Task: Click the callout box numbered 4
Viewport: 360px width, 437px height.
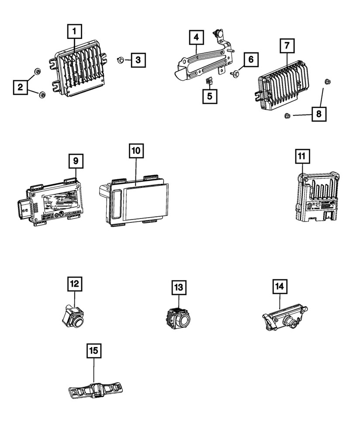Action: pos(196,38)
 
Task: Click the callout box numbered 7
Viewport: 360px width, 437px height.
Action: pos(287,45)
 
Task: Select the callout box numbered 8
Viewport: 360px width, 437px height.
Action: pos(318,114)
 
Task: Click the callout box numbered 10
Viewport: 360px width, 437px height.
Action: pos(135,151)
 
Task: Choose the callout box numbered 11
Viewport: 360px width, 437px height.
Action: pos(302,156)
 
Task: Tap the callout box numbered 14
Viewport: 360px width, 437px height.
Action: pos(280,286)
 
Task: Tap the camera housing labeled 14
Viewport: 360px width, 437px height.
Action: pos(284,322)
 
